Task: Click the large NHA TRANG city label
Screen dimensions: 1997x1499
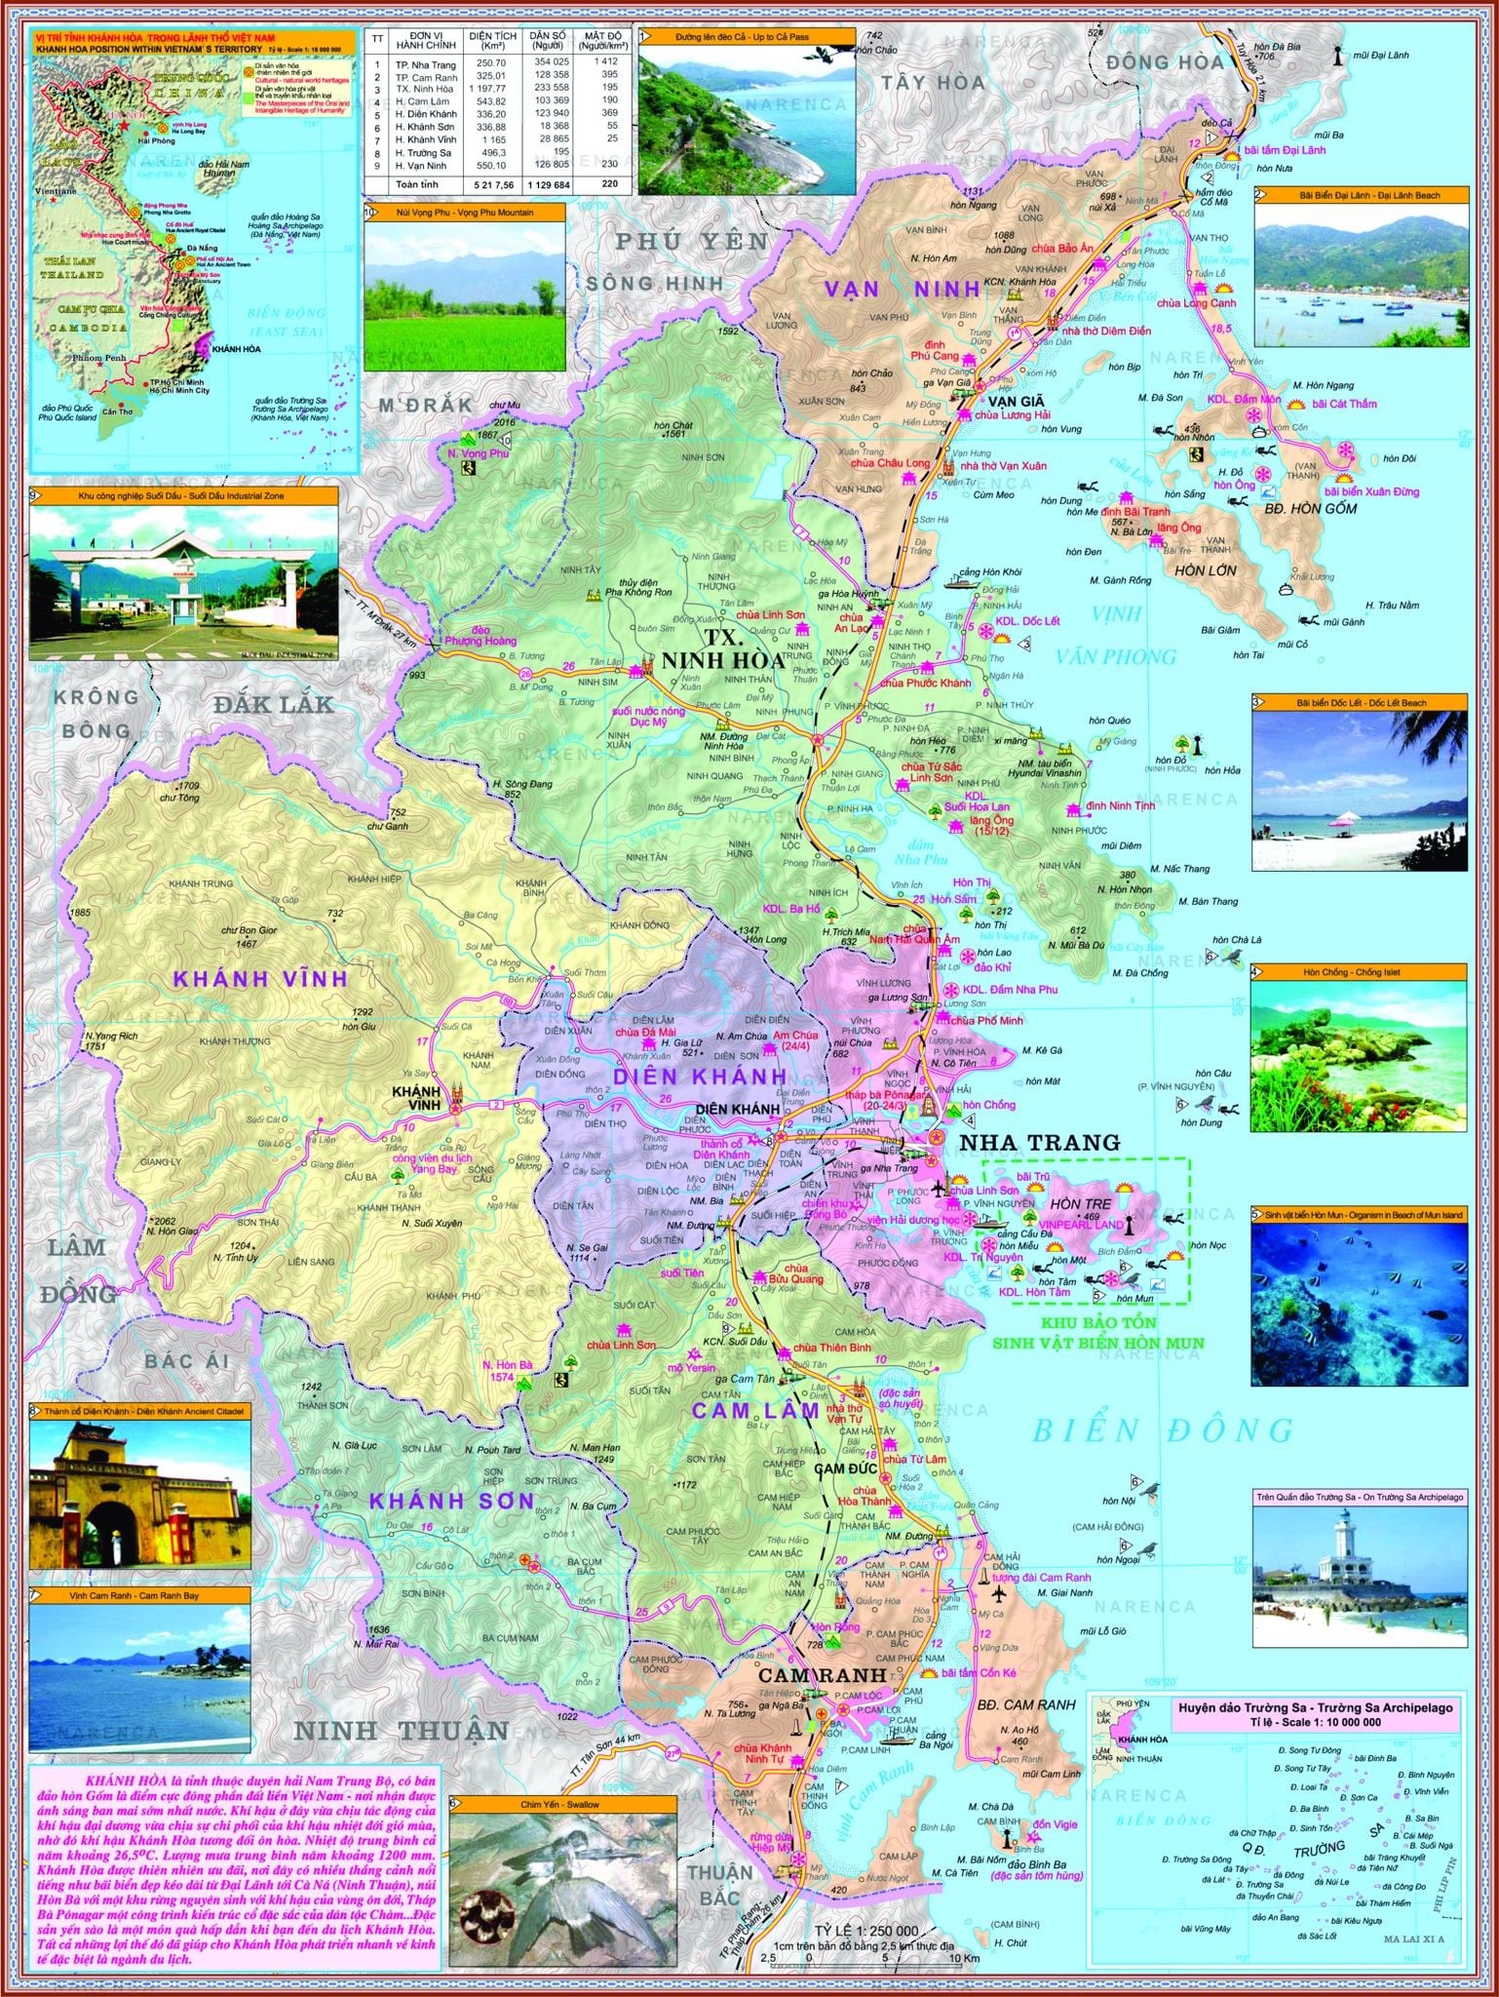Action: tap(1039, 1142)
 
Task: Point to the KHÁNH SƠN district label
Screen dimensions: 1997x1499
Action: tap(451, 1500)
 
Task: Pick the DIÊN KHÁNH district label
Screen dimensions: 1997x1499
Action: tap(701, 1076)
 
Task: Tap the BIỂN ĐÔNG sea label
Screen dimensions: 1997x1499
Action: tap(1164, 1429)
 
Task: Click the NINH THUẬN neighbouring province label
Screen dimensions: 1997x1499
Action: tap(402, 1731)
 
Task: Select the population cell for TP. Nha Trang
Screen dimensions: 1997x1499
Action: tap(549, 62)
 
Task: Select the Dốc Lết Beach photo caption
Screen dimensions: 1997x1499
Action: tap(1360, 702)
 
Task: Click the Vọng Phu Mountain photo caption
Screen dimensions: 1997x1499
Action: tap(464, 211)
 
